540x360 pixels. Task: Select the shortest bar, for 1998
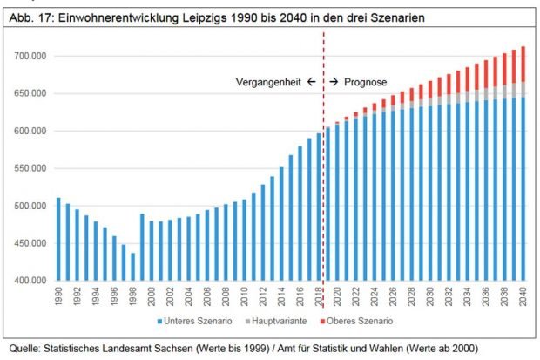pyautogui.click(x=133, y=267)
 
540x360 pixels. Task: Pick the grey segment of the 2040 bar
pyautogui.click(x=523, y=90)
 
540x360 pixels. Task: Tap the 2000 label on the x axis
pyautogui.click(x=152, y=296)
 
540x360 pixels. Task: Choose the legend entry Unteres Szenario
pyautogui.click(x=197, y=321)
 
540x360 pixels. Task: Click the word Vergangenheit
pyautogui.click(x=268, y=81)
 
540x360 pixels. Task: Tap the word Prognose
pyautogui.click(x=367, y=81)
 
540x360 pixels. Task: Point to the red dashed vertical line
pyautogui.click(x=323, y=174)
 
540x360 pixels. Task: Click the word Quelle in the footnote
pyautogui.click(x=24, y=349)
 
